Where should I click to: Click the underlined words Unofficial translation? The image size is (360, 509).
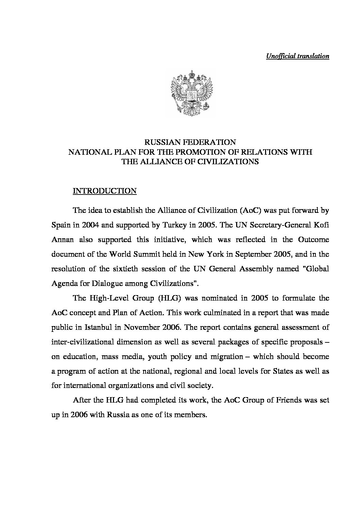click(x=297, y=56)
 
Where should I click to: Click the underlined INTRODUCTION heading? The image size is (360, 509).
click(x=105, y=191)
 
